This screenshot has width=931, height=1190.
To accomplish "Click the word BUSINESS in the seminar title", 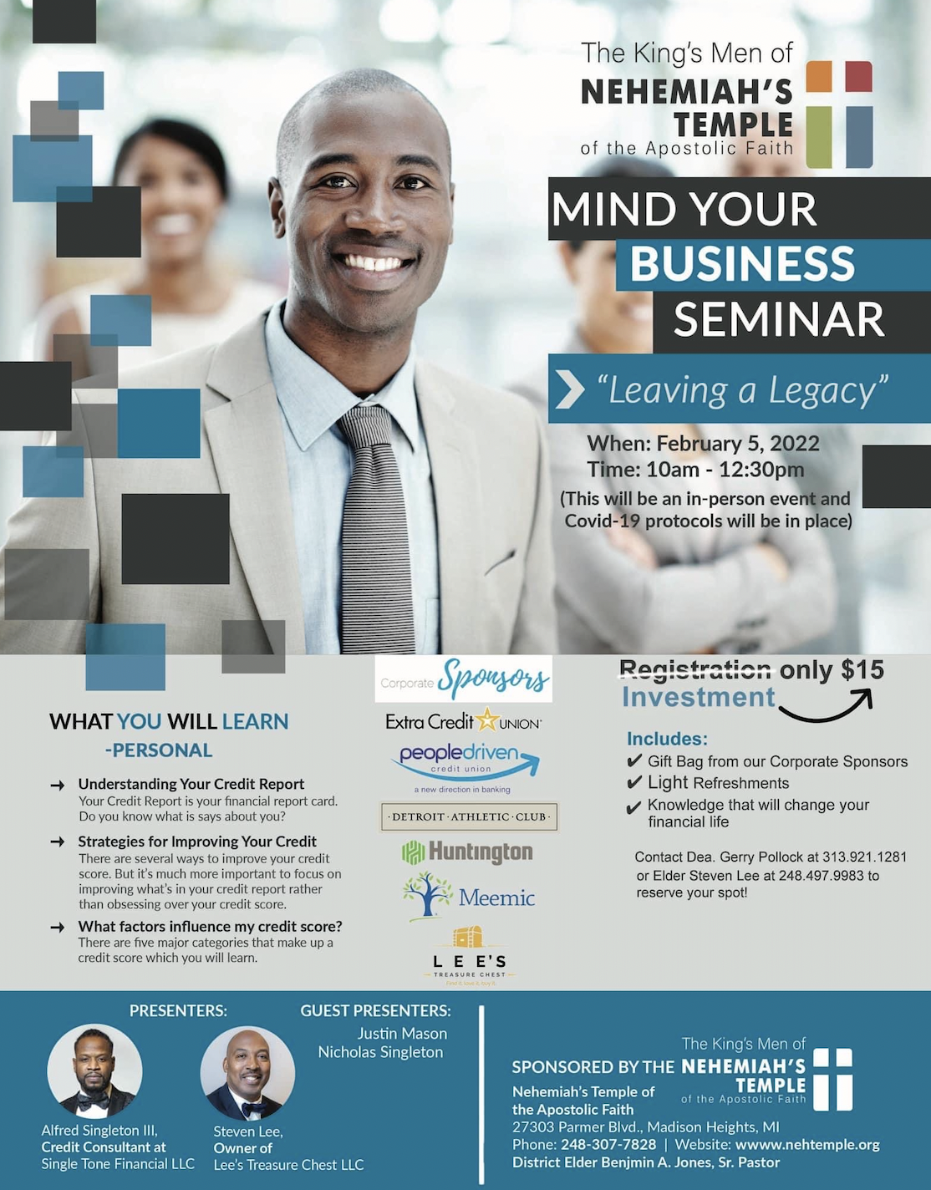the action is click(x=742, y=263).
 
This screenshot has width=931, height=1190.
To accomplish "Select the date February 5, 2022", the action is click(x=738, y=443).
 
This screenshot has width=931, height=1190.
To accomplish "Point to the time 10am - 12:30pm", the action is click(x=725, y=470).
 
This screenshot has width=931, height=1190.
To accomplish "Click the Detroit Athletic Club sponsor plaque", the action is click(x=469, y=817).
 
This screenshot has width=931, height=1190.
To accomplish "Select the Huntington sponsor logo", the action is click(x=467, y=852).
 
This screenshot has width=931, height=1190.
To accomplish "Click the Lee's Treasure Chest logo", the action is click(x=469, y=957).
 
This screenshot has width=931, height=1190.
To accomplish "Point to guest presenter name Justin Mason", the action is click(x=402, y=1034).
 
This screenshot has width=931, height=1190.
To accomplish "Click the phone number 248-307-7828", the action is click(x=608, y=1145).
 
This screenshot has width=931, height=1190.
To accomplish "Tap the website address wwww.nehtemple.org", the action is click(x=807, y=1145).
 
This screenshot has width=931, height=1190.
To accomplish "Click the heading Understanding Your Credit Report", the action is click(x=191, y=784).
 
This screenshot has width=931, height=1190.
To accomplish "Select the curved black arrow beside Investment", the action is click(x=826, y=706).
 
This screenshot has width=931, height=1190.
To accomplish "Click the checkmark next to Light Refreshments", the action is click(x=633, y=782).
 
